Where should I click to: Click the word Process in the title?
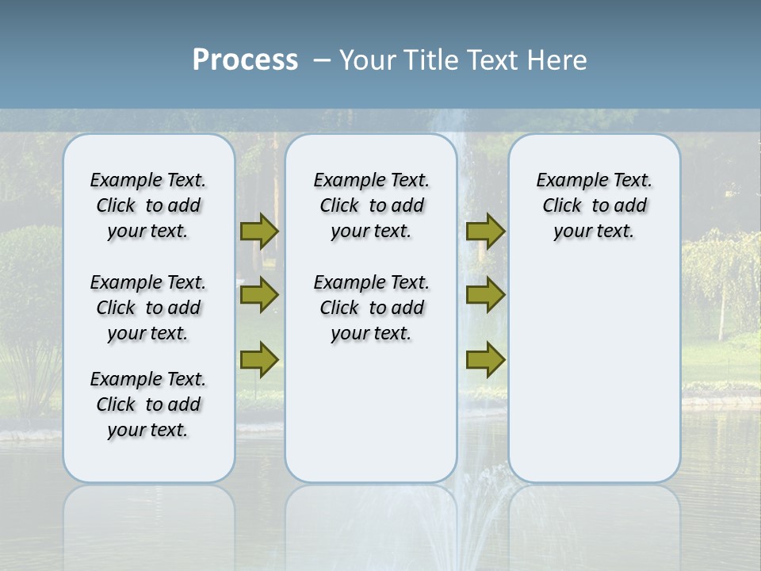coord(245,60)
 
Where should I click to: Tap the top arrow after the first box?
coord(259,231)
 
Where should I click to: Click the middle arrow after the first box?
coord(259,295)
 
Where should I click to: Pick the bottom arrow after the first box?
coord(259,360)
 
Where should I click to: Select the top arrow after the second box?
coord(485,231)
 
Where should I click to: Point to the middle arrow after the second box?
coord(485,295)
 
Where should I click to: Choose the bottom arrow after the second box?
coord(485,360)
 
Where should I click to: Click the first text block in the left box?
coord(148,205)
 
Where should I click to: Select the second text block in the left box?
coord(148,308)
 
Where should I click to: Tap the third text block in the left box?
coord(148,404)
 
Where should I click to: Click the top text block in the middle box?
coord(371,205)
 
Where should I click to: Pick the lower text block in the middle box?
coord(371,308)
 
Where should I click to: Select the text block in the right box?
coord(594,205)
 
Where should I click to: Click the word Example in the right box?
coord(564,181)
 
